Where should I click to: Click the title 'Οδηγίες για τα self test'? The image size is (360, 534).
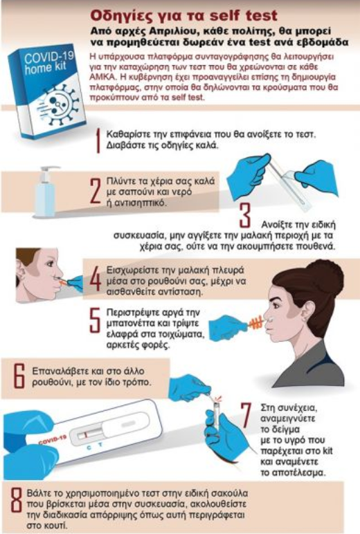pos(183,16)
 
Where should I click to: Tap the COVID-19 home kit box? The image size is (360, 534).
pos(47,91)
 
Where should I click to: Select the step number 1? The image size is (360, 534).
pos(98,140)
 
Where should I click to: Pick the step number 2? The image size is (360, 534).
pos(96,192)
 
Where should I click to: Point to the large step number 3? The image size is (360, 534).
pos(245,216)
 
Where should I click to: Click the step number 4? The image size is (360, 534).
pos(96,279)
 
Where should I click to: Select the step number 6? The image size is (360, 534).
pos(19,376)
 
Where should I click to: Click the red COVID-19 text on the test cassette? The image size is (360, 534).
pos(53,440)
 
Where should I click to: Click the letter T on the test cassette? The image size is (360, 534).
pos(100,445)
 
